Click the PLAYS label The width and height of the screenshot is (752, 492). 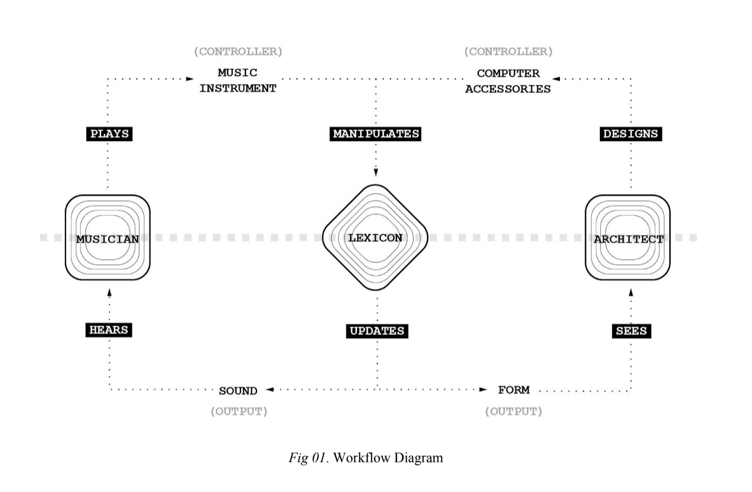[x=109, y=133]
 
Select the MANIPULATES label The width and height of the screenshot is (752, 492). [x=375, y=133]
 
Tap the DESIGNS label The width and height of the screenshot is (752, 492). [x=631, y=133]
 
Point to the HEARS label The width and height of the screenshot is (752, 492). [x=109, y=330]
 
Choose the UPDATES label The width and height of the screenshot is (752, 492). [x=377, y=331]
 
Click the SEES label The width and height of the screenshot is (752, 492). [x=632, y=331]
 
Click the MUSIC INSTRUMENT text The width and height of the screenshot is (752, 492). [x=238, y=80]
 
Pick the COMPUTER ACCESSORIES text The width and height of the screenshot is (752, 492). [x=508, y=81]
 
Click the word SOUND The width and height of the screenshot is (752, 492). [x=238, y=391]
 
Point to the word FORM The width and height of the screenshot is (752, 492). [x=514, y=390]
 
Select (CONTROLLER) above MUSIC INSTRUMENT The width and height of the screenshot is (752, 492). [x=238, y=52]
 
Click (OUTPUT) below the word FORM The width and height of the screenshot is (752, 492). [x=514, y=411]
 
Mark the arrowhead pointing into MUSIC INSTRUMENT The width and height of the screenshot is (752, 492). [x=190, y=79]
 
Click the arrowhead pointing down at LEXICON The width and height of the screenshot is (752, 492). [x=375, y=172]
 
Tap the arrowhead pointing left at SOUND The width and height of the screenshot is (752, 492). [x=269, y=390]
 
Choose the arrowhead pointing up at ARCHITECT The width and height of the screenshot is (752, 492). [x=631, y=292]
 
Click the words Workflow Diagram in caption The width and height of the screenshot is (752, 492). [x=388, y=458]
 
